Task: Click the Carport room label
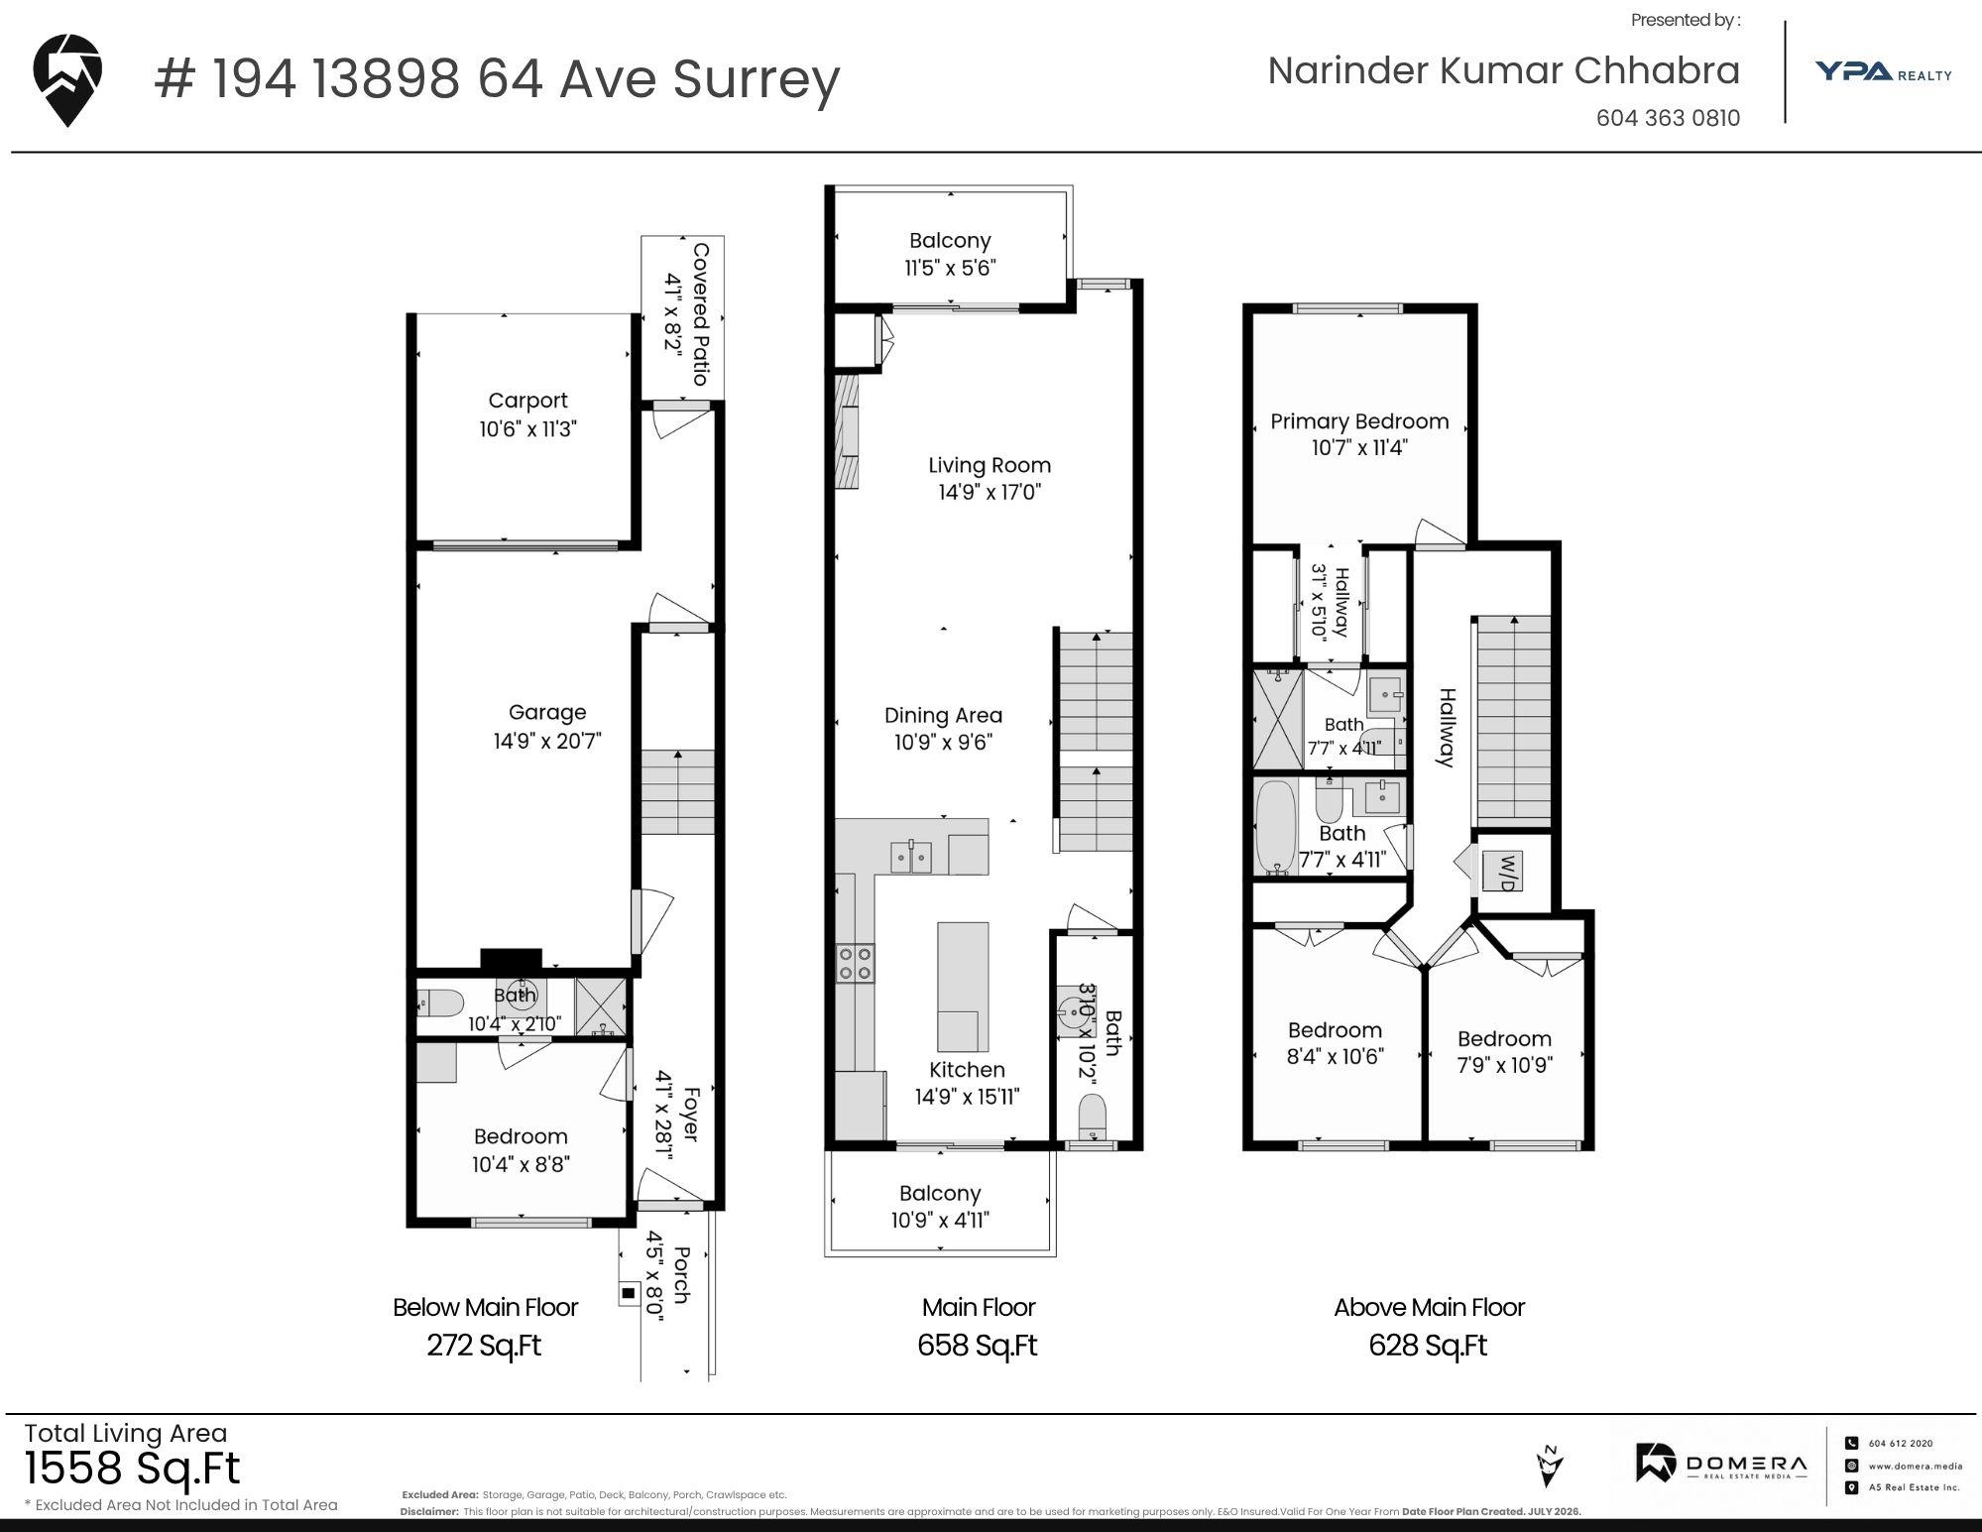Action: pos(527,401)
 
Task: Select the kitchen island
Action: pos(963,987)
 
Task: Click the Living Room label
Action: pos(990,465)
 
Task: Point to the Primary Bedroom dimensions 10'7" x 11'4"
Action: pos(1359,447)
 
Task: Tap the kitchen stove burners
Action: pos(856,962)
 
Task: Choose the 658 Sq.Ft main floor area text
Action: pos(978,1346)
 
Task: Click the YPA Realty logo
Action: pos(1883,71)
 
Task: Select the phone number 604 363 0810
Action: pos(1668,118)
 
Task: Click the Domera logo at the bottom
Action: pos(1721,1465)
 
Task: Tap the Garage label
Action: pos(547,712)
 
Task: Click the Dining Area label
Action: pos(943,715)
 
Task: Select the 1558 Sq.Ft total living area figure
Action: pos(132,1468)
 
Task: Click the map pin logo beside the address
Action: pos(67,79)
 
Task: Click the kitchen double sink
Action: pos(911,857)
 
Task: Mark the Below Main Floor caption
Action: pos(485,1308)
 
